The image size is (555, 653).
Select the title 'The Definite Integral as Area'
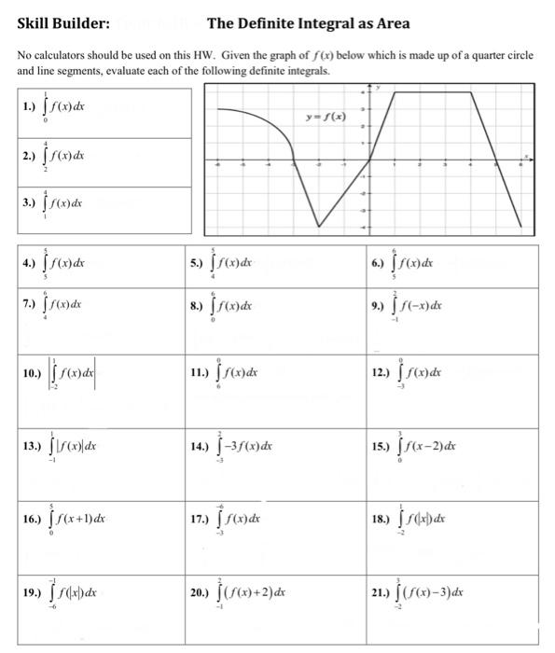308,23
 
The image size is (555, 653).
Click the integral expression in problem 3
64,201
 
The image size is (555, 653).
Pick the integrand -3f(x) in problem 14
245,445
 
